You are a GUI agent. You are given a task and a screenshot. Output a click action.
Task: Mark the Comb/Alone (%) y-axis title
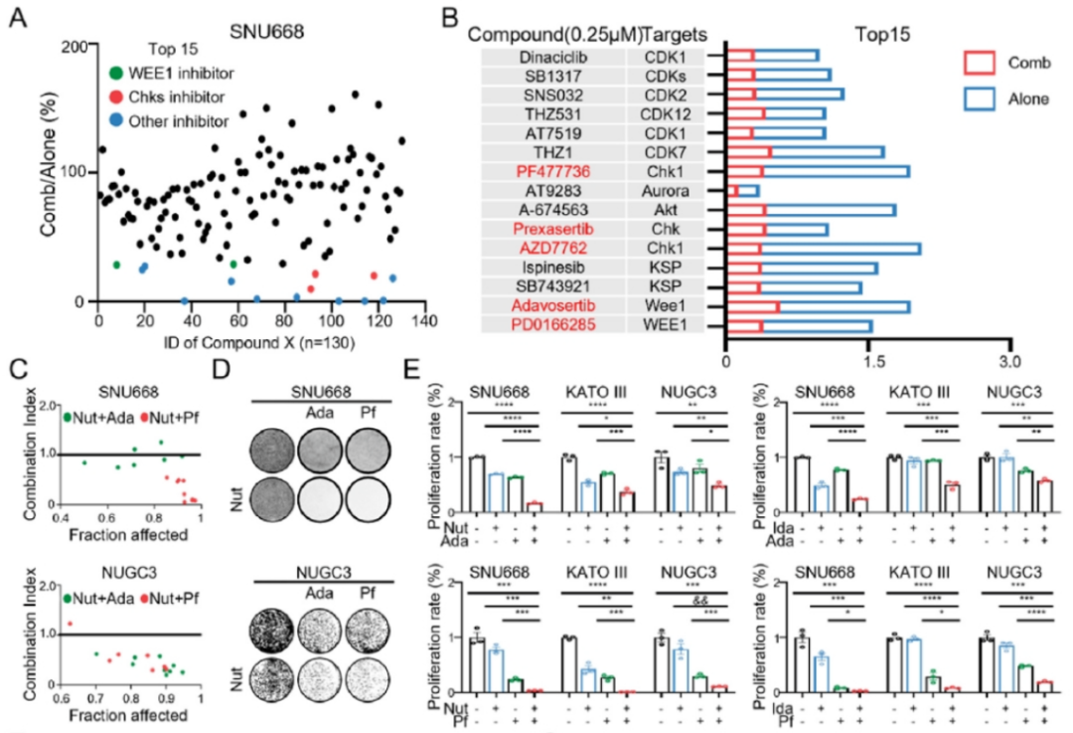click(47, 171)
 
